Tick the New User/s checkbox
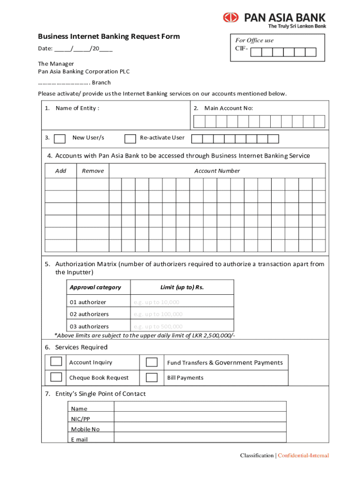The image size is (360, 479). point(60,138)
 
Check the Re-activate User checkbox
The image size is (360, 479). point(130,138)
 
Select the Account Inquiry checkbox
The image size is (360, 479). point(56,362)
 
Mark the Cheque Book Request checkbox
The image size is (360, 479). point(56,377)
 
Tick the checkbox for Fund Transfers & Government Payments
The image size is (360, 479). point(151,363)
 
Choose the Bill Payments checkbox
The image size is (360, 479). point(151,377)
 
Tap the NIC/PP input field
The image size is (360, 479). point(200,417)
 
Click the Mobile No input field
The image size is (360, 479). point(200,428)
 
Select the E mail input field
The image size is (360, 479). point(200,438)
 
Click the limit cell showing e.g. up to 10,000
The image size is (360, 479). point(182,302)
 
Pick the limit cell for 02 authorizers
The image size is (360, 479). point(182,314)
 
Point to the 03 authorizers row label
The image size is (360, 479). point(89,327)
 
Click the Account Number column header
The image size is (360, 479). point(217,171)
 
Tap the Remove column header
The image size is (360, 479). point(93,171)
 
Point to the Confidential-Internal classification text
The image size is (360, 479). point(303,456)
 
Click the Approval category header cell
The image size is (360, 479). point(95,287)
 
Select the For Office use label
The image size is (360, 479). point(254,41)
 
